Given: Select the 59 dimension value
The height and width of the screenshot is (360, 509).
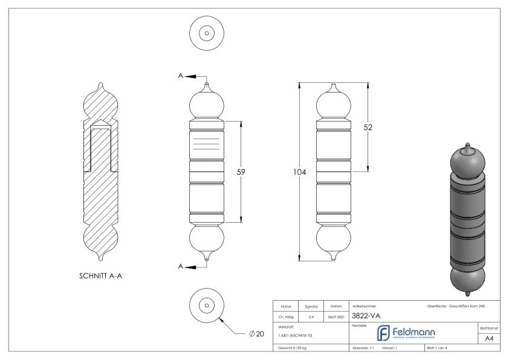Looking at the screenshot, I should (241, 171).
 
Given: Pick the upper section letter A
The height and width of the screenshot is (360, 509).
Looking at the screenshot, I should (181, 76).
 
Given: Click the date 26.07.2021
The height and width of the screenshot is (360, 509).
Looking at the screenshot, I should (336, 315).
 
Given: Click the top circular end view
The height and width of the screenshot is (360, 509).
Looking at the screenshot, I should (207, 31).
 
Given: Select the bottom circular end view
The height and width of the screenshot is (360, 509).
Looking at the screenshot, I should (207, 304).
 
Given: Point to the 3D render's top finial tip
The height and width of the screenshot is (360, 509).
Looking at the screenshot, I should (467, 145).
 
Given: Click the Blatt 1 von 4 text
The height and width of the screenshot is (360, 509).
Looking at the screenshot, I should (437, 349).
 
